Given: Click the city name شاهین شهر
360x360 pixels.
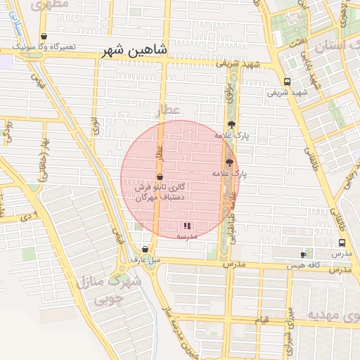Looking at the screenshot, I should coord(134,51).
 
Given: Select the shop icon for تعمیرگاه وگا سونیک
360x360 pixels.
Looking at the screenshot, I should coord(44,37).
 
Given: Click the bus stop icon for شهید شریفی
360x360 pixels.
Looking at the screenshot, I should coord(287,82).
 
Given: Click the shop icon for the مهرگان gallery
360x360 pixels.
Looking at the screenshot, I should coord(160,176).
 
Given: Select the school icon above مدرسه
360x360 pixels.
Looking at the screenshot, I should coord(187,226).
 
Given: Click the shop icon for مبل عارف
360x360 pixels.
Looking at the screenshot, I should coord(145,249).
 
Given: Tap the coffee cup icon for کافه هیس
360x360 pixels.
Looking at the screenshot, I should coord(304,254).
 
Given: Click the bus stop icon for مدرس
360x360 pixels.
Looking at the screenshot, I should coord(341,243).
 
